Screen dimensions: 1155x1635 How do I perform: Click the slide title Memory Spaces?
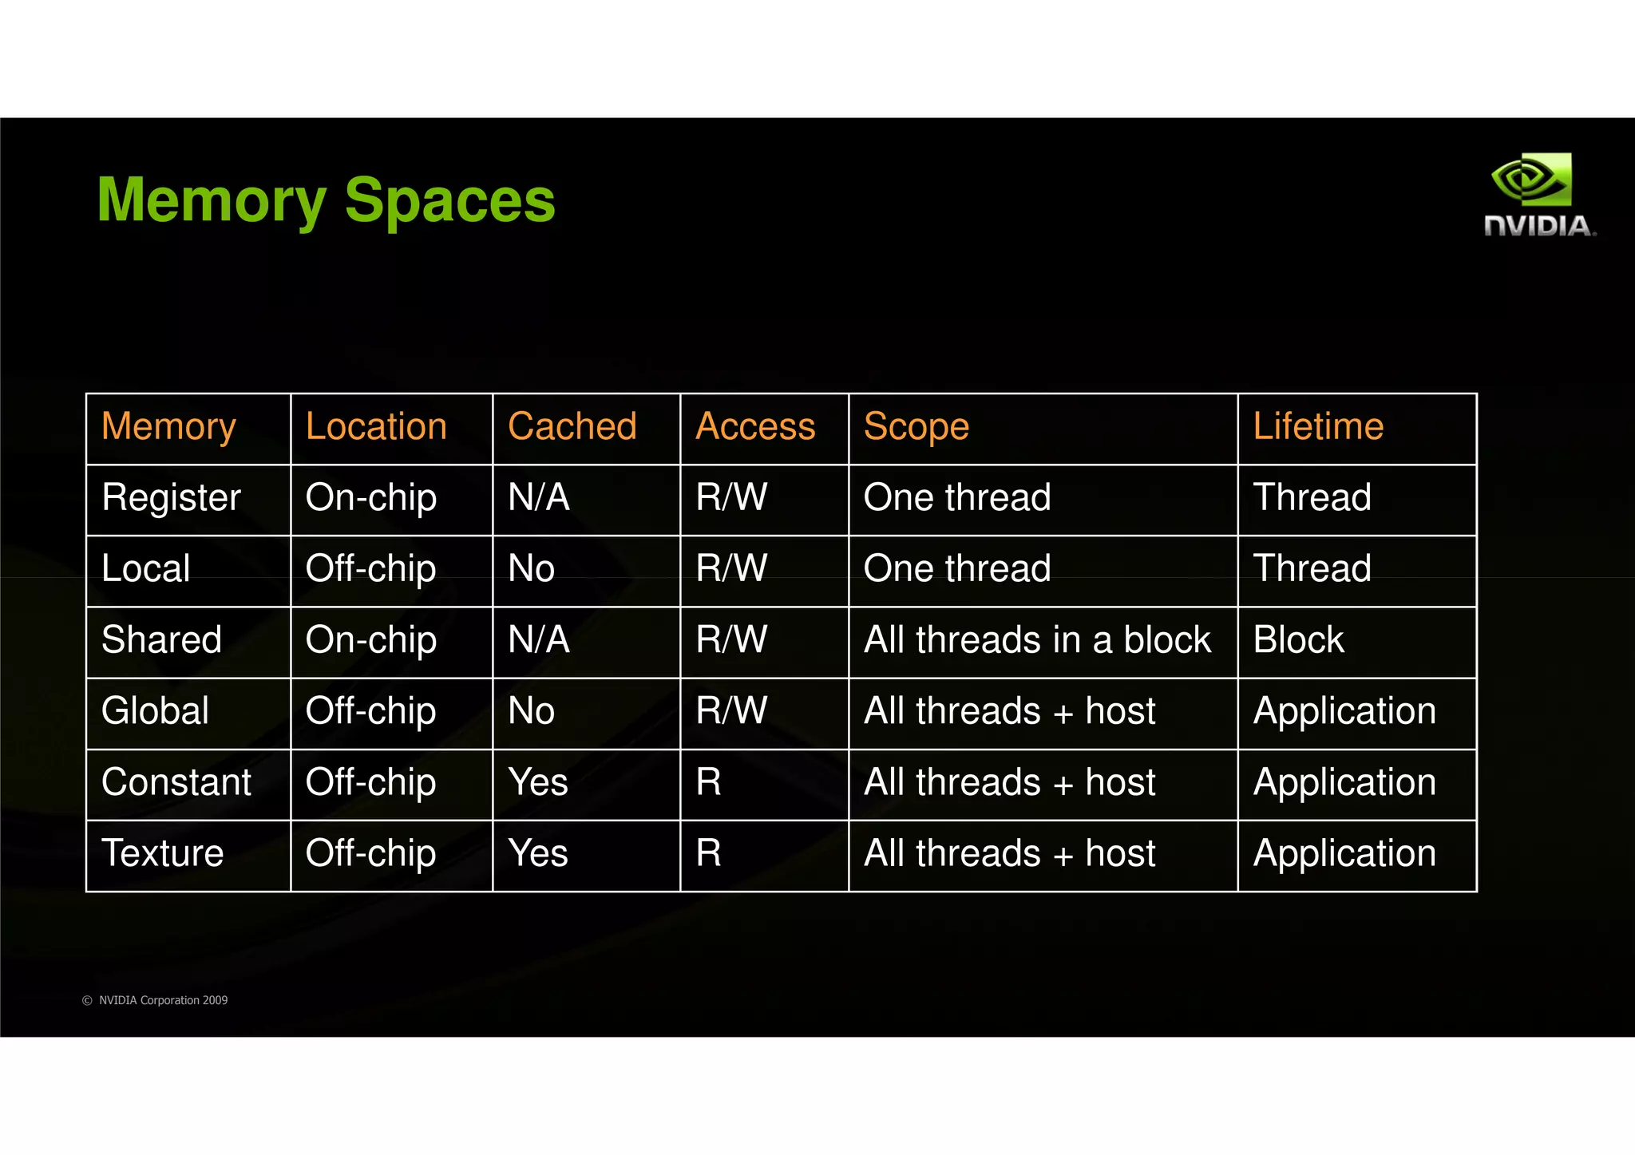tap(326, 200)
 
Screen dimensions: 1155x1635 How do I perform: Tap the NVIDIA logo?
tap(1538, 196)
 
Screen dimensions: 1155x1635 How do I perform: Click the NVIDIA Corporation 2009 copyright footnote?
tap(155, 1000)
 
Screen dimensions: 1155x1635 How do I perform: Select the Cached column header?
tap(572, 426)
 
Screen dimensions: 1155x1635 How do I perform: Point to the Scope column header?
tap(916, 426)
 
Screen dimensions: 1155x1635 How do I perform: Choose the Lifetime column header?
tap(1317, 426)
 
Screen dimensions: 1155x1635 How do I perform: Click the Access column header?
tap(755, 426)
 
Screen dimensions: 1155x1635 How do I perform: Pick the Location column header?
tap(376, 426)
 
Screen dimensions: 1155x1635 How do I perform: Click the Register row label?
tap(171, 497)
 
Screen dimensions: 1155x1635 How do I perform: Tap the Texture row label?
tap(162, 853)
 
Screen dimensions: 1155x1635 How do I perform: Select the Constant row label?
tap(176, 782)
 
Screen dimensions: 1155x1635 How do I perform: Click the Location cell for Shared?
tap(370, 640)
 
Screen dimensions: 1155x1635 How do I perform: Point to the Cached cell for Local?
tap(531, 568)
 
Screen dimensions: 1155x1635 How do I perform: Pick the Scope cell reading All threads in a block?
tap(1037, 640)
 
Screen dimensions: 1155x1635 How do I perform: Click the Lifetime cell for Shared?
tap(1298, 640)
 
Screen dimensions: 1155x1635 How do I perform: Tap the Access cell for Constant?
tap(708, 782)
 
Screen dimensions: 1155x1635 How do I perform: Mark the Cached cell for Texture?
tap(538, 853)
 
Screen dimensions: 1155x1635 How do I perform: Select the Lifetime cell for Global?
tap(1344, 711)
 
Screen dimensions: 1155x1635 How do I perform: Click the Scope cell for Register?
tap(956, 497)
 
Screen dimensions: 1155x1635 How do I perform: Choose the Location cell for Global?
tap(370, 711)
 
